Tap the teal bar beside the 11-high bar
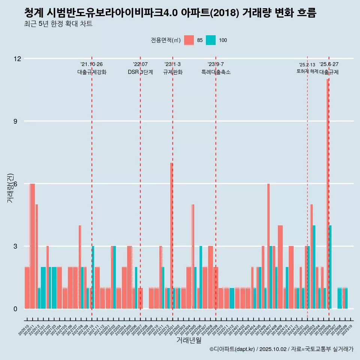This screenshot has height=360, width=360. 330,267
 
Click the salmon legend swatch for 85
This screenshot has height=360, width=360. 189,40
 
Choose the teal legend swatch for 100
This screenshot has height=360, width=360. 211,40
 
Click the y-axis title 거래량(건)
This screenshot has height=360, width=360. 10,187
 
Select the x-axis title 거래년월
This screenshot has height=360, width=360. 189,340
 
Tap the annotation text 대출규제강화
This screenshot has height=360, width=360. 92,72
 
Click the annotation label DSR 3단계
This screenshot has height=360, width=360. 140,72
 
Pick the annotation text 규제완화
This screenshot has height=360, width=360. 172,72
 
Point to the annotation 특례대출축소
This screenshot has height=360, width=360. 216,72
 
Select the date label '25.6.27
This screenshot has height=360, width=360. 329,64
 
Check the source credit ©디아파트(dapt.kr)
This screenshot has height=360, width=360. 232,349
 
